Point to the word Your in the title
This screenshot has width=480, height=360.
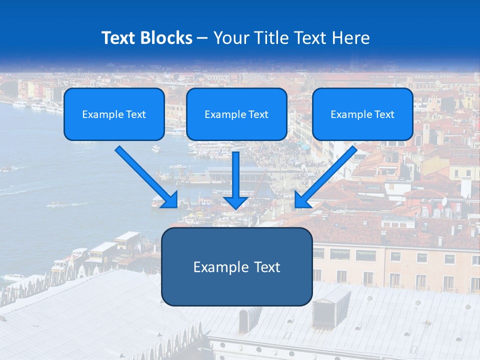point(229,38)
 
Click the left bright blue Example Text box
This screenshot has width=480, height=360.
point(114,114)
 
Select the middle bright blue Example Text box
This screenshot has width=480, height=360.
point(236,114)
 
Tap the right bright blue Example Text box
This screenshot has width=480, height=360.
point(362,114)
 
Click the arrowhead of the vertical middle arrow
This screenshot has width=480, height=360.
point(236,202)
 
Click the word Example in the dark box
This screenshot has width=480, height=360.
point(213,267)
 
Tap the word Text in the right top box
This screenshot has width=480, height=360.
point(384,114)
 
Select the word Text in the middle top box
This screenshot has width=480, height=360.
point(258,114)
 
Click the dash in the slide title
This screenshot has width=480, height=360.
point(202,38)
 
